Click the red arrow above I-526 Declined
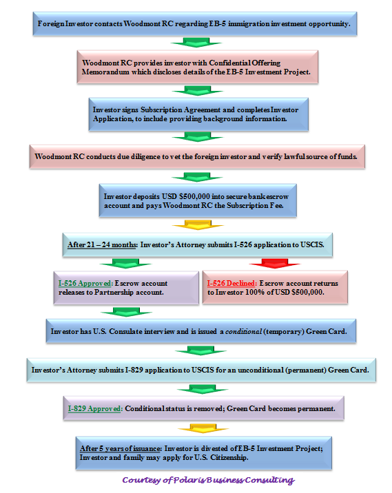click(x=275, y=264)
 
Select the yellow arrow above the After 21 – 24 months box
click(x=198, y=224)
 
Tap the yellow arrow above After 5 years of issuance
click(x=203, y=428)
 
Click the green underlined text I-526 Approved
click(x=85, y=283)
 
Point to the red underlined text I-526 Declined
click(x=232, y=283)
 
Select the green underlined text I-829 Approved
click(x=95, y=409)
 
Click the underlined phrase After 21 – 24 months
click(x=102, y=244)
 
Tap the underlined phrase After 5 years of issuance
click(x=121, y=449)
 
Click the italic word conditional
click(x=243, y=331)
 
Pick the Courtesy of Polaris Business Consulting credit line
click(x=209, y=480)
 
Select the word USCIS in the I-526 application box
click(x=312, y=244)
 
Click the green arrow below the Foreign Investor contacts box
click(x=196, y=43)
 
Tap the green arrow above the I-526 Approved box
click(x=125, y=264)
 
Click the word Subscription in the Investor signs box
click(x=161, y=109)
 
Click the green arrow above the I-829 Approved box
click(x=203, y=389)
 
